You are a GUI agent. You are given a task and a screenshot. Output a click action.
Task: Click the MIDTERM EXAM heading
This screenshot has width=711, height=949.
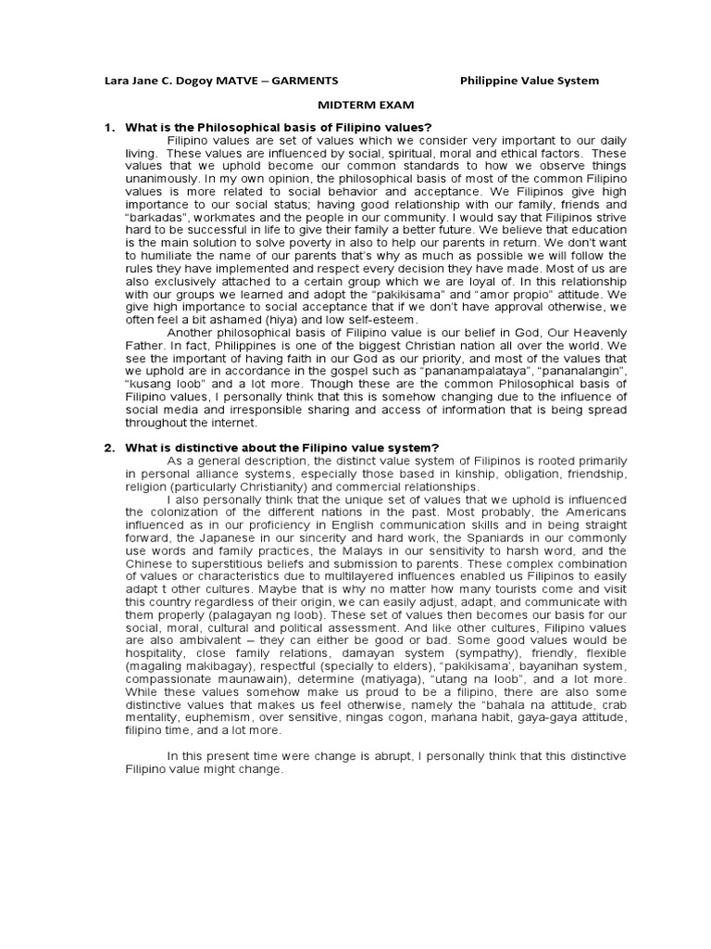point(355,106)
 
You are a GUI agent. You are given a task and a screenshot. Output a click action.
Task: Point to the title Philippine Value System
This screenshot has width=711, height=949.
point(530,81)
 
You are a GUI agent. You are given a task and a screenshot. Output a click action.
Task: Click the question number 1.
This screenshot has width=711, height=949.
point(108,127)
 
